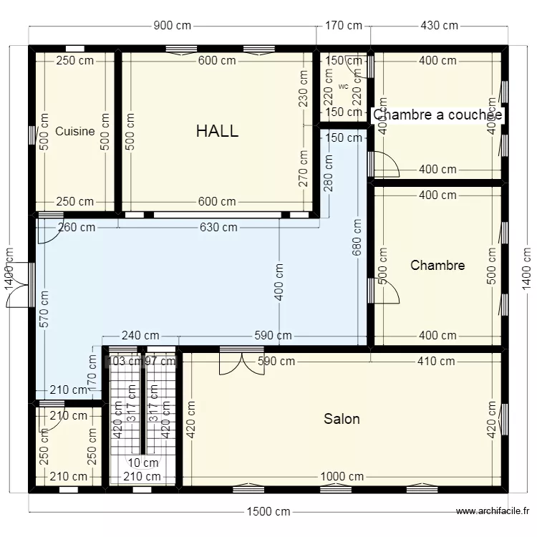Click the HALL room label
(x=217, y=131)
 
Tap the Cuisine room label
(x=75, y=131)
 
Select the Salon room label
(x=342, y=419)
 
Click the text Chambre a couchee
(x=437, y=115)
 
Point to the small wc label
(x=343, y=87)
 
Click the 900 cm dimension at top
(x=173, y=26)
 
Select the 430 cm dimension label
(x=439, y=26)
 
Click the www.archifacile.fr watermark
(x=493, y=511)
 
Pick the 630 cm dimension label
(x=218, y=228)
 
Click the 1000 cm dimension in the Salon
(x=342, y=477)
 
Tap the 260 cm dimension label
(x=77, y=228)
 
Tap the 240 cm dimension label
(x=140, y=335)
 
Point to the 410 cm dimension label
(x=436, y=361)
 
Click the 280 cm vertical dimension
(x=328, y=175)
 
